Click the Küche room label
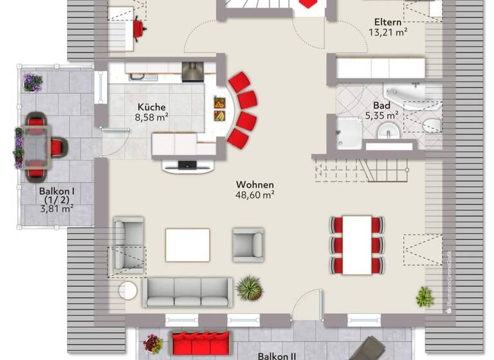[151, 107]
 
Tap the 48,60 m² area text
[255, 195]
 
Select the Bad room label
[381, 105]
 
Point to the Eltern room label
[388, 22]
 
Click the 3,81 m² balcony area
[57, 208]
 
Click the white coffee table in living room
[187, 245]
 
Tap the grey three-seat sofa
[187, 292]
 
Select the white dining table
[357, 245]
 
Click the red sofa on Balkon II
[201, 343]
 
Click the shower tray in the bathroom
[349, 133]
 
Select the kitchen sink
[142, 77]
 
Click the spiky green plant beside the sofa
[250, 288]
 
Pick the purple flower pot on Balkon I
[32, 82]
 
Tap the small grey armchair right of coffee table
[248, 244]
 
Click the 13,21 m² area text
[388, 32]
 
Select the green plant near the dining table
[425, 296]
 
